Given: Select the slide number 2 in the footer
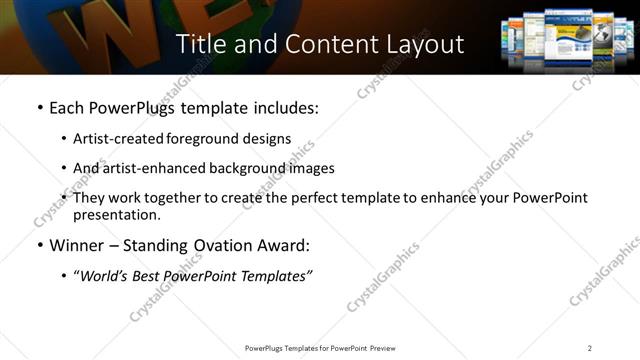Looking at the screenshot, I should pyautogui.click(x=590, y=348).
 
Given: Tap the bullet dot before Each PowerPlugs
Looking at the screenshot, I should pyautogui.click(x=39, y=108).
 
